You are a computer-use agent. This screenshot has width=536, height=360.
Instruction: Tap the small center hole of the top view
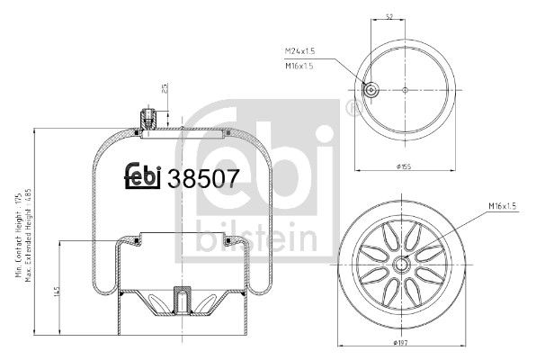tap(405, 89)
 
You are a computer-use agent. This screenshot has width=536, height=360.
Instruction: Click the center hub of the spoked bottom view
tap(403, 264)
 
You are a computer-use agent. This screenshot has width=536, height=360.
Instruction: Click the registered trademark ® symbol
tap(351, 110)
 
